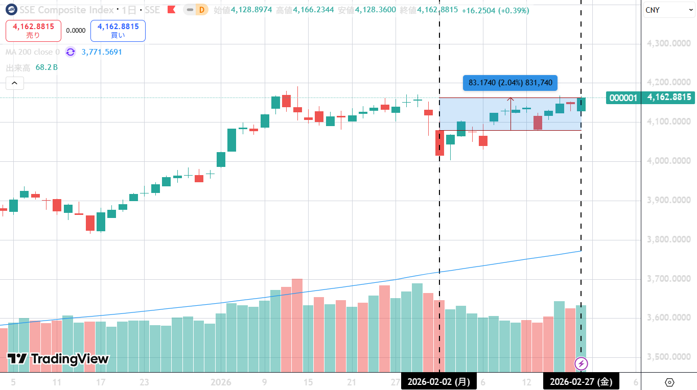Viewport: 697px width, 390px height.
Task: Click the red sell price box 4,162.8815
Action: (33, 31)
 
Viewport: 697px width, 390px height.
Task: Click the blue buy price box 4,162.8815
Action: (118, 31)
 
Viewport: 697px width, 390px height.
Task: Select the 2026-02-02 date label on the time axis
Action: (438, 381)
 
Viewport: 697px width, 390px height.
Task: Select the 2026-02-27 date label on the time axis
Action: (580, 381)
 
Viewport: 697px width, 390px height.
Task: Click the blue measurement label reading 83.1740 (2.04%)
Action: (510, 83)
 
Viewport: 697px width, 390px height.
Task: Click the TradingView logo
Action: (58, 359)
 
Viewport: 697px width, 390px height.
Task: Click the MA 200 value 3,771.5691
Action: (102, 52)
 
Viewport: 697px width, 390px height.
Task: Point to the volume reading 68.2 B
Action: (47, 67)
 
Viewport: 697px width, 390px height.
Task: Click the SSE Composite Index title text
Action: (67, 10)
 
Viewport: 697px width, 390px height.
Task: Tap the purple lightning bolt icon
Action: (582, 364)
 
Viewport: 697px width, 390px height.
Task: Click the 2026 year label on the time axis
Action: (221, 382)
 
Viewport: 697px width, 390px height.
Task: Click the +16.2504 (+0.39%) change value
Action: (495, 10)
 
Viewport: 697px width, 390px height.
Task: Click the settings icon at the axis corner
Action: (669, 382)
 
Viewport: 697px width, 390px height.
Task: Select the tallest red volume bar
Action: (297, 325)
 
